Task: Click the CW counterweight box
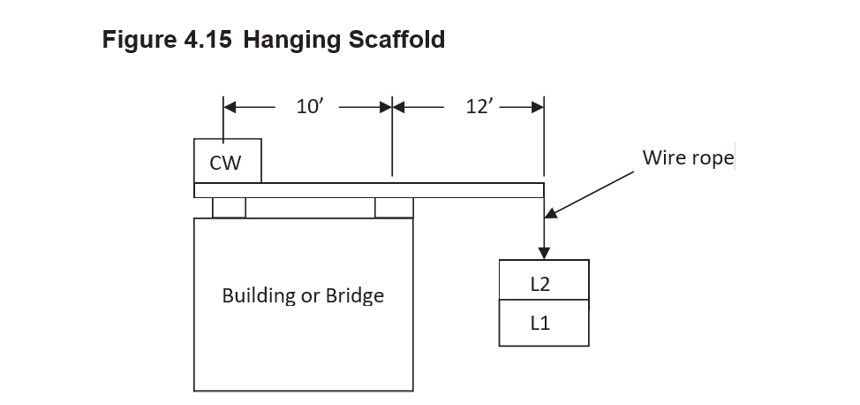(x=227, y=161)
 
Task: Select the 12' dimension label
(x=479, y=107)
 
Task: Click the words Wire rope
(x=687, y=158)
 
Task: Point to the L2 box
(x=544, y=281)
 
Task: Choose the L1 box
(x=544, y=323)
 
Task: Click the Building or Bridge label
(x=303, y=295)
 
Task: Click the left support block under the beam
(x=229, y=208)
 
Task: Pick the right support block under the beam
(x=394, y=208)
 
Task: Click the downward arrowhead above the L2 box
(x=545, y=253)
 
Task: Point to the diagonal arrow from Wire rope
(x=590, y=192)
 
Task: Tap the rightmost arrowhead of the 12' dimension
(x=538, y=107)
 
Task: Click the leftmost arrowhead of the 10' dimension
(x=230, y=107)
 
